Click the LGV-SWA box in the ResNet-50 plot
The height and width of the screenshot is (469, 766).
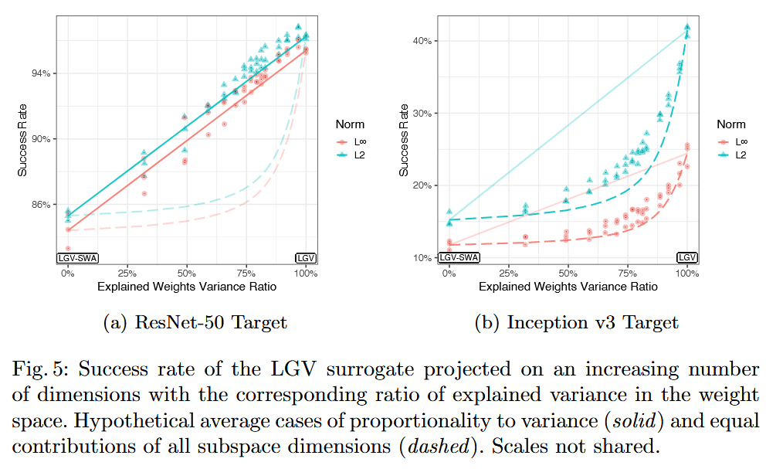[77, 258]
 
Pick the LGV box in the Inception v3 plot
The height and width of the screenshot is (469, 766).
[687, 258]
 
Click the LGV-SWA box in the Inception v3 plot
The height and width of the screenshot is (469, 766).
[459, 258]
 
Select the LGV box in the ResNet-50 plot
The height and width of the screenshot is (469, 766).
[307, 258]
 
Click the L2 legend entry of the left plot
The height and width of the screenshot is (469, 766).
[357, 155]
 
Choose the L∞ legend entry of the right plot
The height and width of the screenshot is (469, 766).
[737, 141]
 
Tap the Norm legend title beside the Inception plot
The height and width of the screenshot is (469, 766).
[730, 124]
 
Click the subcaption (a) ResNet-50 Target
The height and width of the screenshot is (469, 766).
[195, 322]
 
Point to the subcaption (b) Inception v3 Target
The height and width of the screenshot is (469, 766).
[576, 322]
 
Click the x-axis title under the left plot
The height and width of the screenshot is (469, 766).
[187, 286]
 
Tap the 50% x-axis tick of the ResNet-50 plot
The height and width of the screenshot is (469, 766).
[187, 273]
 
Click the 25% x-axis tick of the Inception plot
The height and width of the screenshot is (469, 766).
[508, 273]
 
